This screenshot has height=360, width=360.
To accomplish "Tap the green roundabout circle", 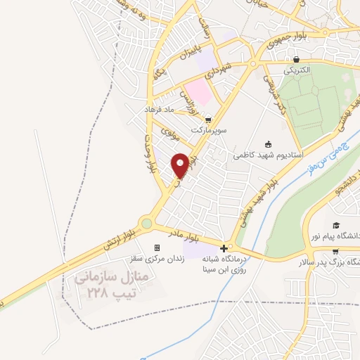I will pyautogui.click(x=146, y=224).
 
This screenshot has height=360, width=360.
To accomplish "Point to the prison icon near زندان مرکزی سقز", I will pyautogui.click(x=157, y=247).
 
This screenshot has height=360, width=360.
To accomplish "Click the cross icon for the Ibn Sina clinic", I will pyautogui.click(x=224, y=247).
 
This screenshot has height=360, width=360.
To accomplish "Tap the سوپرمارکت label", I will pyautogui.click(x=205, y=131).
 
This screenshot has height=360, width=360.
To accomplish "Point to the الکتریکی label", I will pyautogui.click(x=298, y=71).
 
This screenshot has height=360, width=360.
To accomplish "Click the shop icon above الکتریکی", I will pyautogui.click(x=297, y=60).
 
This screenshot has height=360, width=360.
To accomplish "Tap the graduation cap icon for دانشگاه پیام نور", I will pyautogui.click(x=336, y=225).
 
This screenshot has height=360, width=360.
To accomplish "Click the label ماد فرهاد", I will pyautogui.click(x=159, y=110).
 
